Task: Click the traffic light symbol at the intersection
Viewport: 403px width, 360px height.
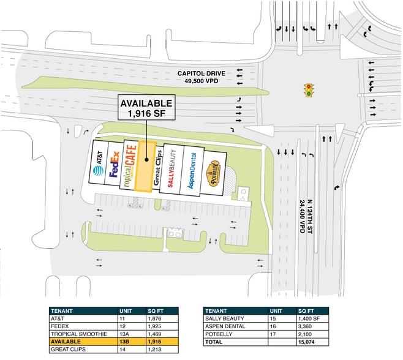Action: click(309, 90)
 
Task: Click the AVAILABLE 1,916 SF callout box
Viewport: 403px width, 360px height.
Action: click(146, 108)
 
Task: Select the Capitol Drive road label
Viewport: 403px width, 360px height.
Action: click(201, 75)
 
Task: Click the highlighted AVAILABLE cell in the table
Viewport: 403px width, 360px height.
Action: click(82, 341)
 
